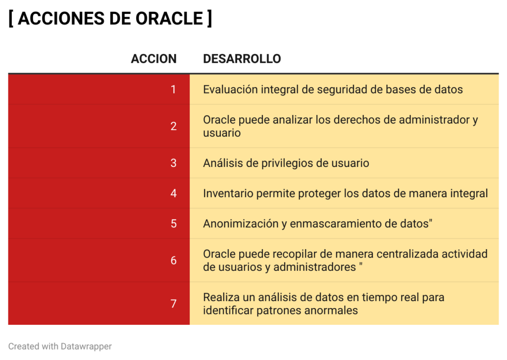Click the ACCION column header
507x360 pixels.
point(153,59)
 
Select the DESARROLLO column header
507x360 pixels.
point(242,59)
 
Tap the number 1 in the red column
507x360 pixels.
point(173,89)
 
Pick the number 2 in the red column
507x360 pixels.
point(173,126)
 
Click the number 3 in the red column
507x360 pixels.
point(173,163)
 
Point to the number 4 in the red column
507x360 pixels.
point(173,194)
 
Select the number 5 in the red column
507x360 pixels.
point(173,224)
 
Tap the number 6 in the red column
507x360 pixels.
point(173,260)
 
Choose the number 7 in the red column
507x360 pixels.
point(173,304)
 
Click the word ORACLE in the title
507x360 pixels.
point(169,18)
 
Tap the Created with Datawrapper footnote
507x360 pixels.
point(60,347)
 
